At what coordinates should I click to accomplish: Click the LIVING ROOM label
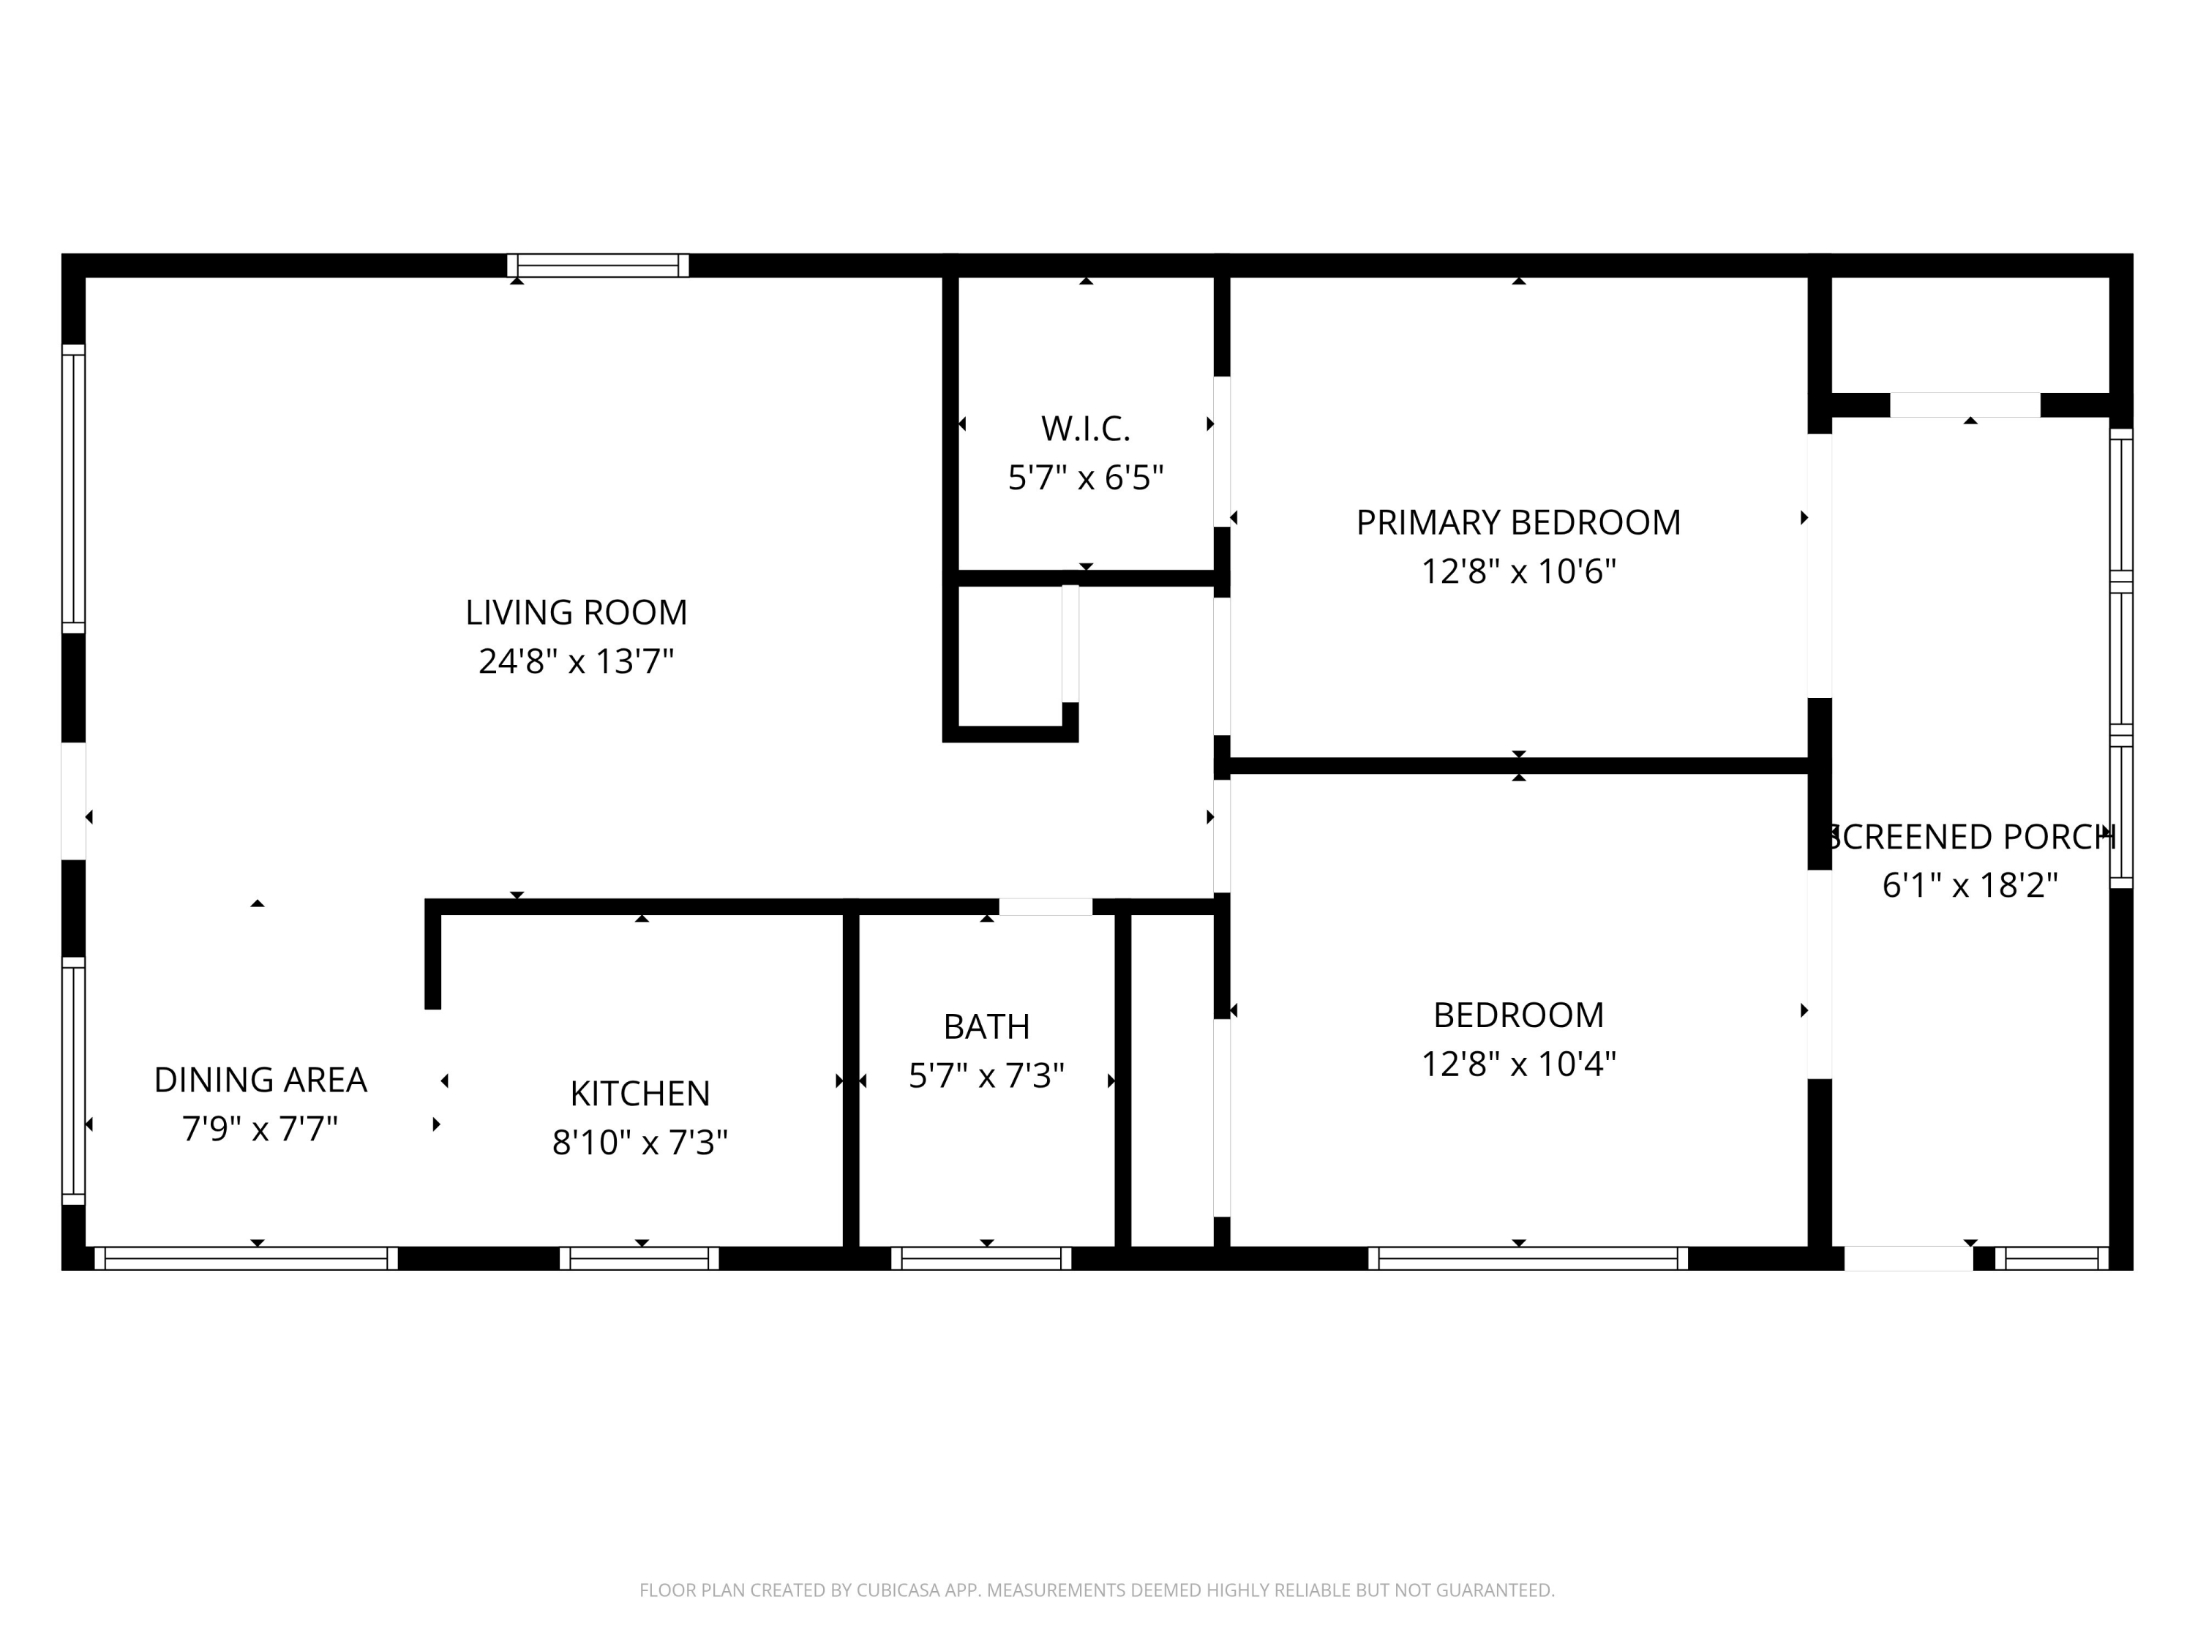576,612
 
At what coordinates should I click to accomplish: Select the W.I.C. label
1086,429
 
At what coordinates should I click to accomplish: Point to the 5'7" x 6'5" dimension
1086,478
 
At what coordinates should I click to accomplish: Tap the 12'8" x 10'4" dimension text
1518,1064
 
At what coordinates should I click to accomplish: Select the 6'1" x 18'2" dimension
1970,885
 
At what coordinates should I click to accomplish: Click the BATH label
986,1027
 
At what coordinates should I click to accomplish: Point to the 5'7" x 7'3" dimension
986,1075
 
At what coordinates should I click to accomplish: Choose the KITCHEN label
640,1094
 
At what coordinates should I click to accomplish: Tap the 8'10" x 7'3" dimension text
640,1143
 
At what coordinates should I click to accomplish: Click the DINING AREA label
260,1080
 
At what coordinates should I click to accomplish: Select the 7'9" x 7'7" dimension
260,1129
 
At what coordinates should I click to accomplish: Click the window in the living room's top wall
599,265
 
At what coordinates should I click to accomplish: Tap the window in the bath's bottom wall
981,1258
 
